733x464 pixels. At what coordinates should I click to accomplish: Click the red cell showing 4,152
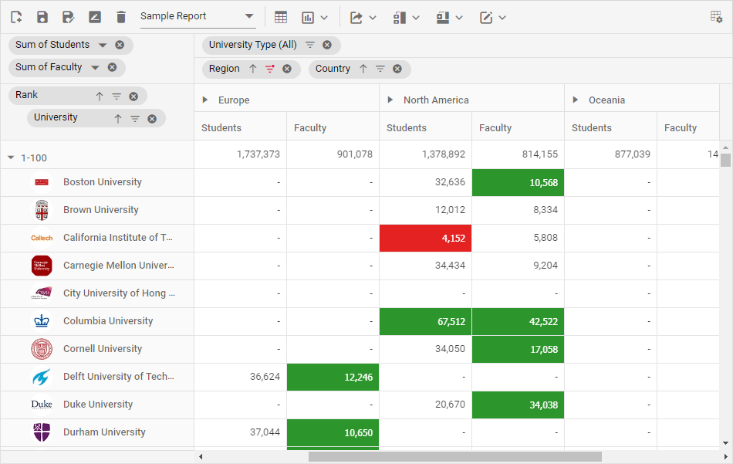point(425,238)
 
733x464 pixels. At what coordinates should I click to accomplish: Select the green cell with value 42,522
point(518,321)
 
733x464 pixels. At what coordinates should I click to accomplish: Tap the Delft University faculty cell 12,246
point(333,377)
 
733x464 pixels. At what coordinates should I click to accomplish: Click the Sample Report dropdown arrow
point(249,16)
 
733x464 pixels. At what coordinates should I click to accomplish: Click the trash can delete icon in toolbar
point(121,17)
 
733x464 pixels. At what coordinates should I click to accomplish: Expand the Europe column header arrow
point(205,100)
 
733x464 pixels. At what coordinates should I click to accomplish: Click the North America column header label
point(436,100)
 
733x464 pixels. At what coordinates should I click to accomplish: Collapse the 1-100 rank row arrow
point(11,157)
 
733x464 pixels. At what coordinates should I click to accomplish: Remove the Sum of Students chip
point(120,45)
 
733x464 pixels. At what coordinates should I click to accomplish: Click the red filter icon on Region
point(270,69)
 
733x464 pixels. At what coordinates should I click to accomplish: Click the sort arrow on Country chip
point(363,69)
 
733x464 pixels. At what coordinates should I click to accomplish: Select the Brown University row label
point(101,210)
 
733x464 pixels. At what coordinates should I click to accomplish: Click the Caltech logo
point(42,238)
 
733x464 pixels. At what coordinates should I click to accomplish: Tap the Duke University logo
point(42,405)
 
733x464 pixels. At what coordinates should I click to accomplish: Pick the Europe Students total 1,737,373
point(258,154)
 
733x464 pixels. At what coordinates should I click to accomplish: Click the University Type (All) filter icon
point(310,45)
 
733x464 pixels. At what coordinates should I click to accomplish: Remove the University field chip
point(152,118)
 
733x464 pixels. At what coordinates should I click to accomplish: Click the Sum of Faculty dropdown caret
point(95,67)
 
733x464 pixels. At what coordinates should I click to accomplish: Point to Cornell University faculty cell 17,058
point(518,349)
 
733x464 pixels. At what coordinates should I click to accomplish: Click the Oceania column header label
point(606,100)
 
